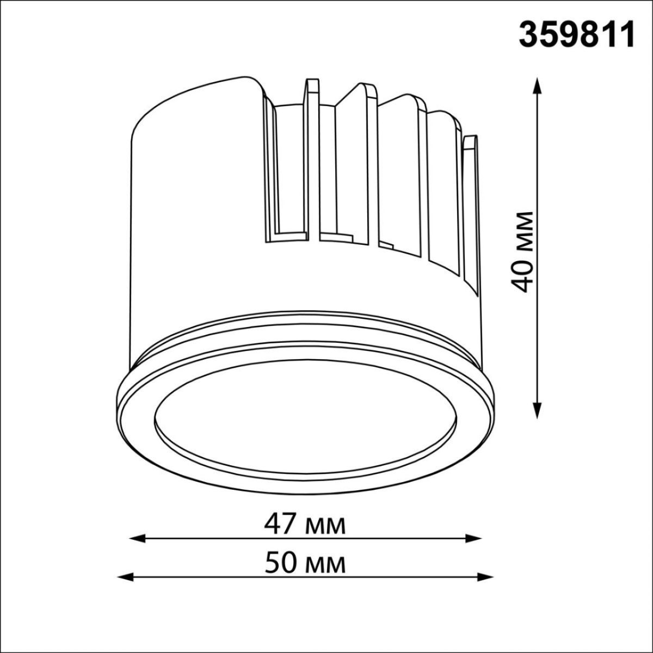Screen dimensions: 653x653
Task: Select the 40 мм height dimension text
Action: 523,251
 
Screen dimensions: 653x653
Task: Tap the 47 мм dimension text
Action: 304,525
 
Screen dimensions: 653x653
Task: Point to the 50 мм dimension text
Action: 305,563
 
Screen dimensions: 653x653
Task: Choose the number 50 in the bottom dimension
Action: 281,563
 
